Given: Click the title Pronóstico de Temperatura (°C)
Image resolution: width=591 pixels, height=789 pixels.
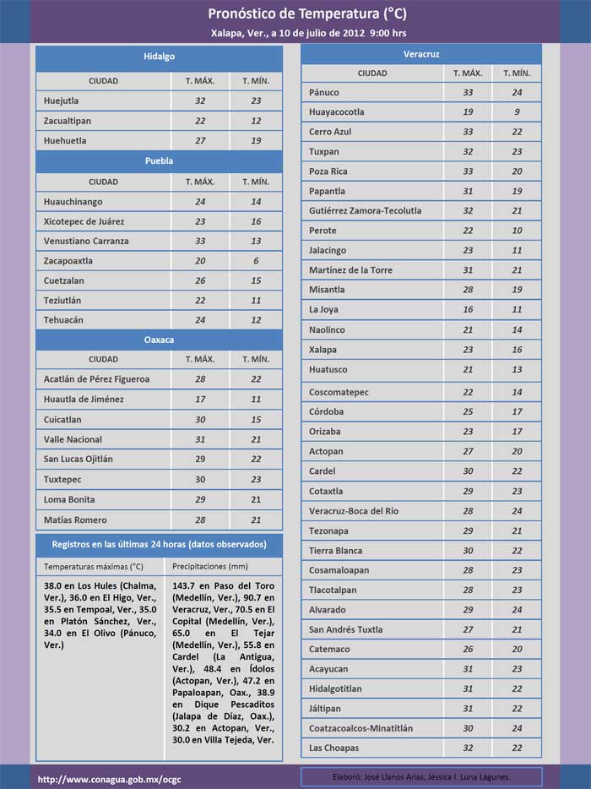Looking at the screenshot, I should tap(295, 14).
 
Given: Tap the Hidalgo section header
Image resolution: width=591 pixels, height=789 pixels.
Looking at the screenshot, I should tap(159, 57).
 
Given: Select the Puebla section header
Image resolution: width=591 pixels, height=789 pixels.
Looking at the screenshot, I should tap(159, 161).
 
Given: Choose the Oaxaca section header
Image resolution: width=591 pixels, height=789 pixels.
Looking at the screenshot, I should tap(159, 340).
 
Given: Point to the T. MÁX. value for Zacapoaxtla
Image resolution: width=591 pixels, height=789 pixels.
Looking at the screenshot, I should tap(200, 261).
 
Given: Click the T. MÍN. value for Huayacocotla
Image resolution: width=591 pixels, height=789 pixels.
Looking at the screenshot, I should tap(517, 112).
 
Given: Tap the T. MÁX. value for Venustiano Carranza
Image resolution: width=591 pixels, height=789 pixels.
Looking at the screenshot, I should tap(200, 241).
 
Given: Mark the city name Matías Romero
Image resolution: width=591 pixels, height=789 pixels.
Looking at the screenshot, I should tap(75, 520).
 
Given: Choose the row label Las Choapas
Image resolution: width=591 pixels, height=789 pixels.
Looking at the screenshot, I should tap(333, 748).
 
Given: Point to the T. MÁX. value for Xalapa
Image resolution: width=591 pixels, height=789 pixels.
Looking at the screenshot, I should tap(468, 350).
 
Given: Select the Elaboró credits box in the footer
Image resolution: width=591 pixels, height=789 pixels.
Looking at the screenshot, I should tap(421, 776).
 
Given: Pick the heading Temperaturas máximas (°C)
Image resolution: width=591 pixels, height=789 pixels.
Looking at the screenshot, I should tap(94, 566).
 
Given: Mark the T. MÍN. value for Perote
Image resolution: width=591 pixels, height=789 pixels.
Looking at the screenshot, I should tap(517, 231).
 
